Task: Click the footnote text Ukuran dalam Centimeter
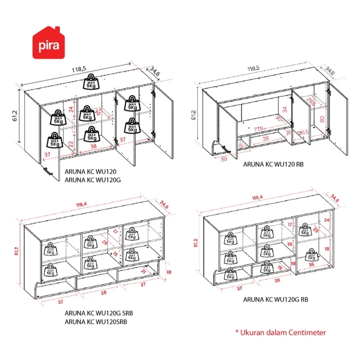[280, 332]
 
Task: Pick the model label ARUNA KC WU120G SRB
[99, 313]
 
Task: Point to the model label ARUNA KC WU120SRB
[96, 321]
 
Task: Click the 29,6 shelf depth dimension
[310, 102]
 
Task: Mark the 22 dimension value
[71, 144]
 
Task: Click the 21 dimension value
[143, 271]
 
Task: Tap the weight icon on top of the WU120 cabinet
[92, 80]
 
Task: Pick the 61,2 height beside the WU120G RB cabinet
[196, 241]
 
